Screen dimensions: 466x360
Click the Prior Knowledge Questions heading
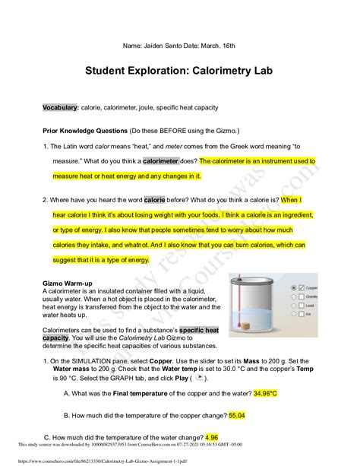pyautogui.click(x=96, y=129)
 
